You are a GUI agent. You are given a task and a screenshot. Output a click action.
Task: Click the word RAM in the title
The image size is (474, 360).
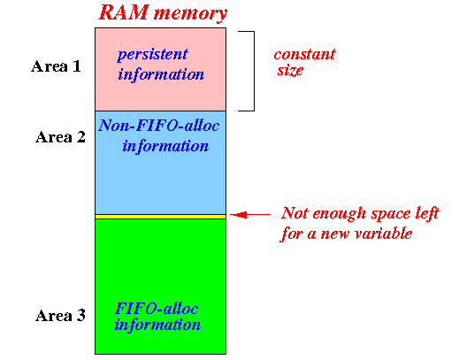124,12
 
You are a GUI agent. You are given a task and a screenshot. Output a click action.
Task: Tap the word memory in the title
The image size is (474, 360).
190,14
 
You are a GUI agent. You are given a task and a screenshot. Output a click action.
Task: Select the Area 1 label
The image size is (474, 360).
56,66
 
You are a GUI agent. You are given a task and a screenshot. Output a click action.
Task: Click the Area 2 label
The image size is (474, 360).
60,137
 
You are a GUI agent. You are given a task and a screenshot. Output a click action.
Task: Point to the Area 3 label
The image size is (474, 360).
60,316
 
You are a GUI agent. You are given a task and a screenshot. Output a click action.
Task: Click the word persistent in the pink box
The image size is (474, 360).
153,55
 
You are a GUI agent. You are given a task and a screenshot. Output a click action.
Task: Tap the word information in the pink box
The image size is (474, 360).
161,74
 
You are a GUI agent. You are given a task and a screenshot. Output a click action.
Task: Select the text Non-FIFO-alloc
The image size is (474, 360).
159,126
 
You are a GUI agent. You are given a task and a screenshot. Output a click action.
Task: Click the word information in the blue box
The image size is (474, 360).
165,146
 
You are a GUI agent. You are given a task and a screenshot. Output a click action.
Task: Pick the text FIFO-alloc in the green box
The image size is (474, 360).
157,309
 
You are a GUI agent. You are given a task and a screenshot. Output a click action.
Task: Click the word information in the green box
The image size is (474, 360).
157,325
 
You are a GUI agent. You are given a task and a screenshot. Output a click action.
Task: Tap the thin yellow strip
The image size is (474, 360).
161,217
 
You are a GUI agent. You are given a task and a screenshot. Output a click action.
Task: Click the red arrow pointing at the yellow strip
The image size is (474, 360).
250,215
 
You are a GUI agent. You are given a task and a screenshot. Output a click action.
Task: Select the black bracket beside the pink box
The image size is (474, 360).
254,71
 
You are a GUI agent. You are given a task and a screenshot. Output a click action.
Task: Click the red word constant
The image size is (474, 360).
305,55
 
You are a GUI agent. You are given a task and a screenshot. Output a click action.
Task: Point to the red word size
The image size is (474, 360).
291,71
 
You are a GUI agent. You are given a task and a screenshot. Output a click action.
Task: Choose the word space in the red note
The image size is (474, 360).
391,215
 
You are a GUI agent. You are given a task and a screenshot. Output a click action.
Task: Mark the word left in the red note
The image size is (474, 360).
427,213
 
